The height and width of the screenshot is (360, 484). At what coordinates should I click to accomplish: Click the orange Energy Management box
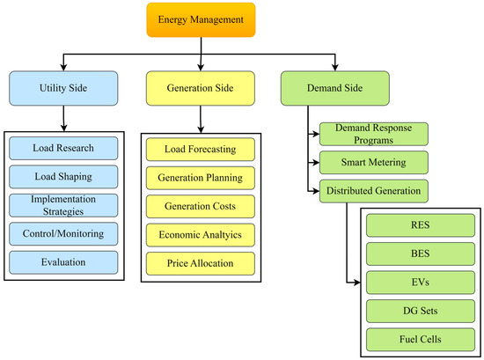pyautogui.click(x=202, y=18)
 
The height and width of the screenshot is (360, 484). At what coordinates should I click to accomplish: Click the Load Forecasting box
pyautogui.click(x=201, y=149)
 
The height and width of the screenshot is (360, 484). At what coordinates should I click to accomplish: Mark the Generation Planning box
pyautogui.click(x=201, y=178)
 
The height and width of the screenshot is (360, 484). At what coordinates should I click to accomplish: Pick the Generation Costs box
pyautogui.click(x=201, y=206)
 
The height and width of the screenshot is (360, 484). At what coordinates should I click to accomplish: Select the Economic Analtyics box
pyautogui.click(x=201, y=234)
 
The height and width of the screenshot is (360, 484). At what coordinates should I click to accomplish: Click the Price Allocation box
pyautogui.click(x=201, y=263)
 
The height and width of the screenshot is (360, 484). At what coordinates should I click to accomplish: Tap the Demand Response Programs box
pyautogui.click(x=373, y=134)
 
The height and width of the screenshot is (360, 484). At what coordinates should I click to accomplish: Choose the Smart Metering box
pyautogui.click(x=373, y=162)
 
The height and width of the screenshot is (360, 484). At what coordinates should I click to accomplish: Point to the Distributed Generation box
pyautogui.click(x=373, y=189)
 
